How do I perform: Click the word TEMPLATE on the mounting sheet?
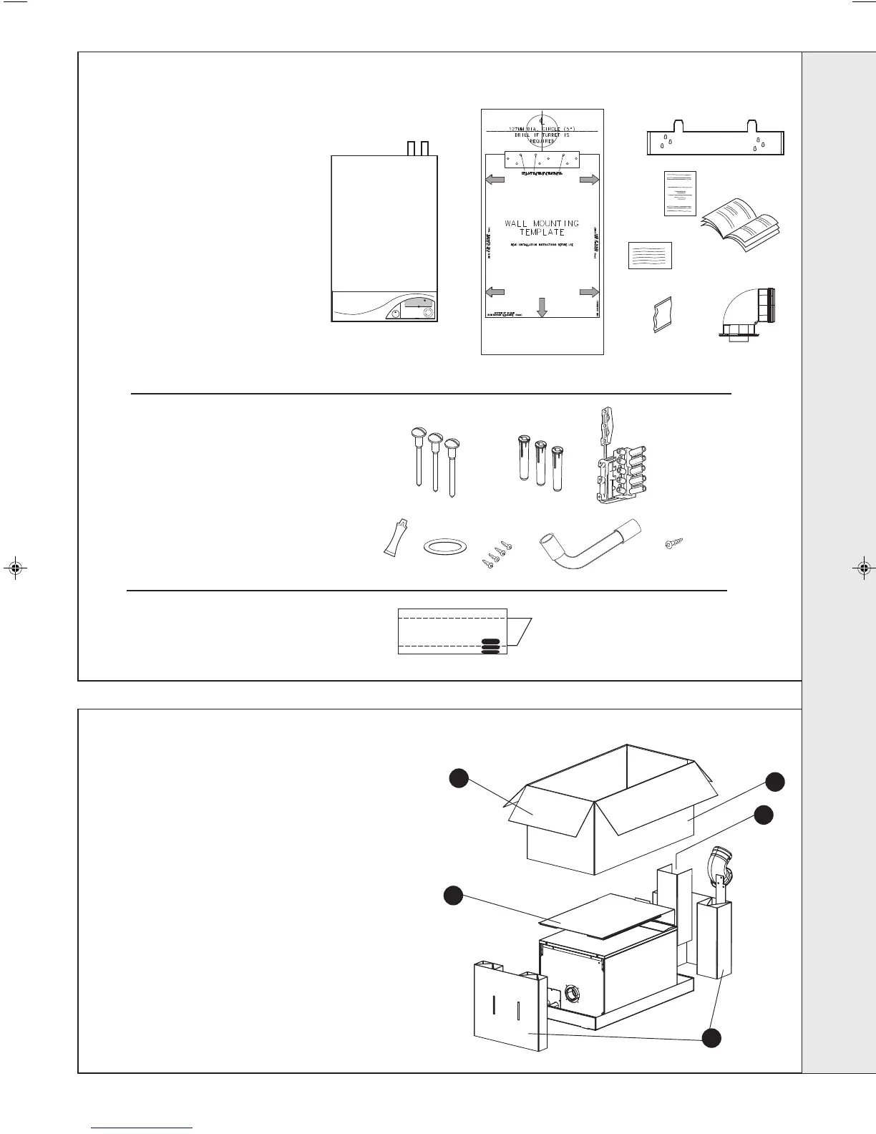pyautogui.click(x=542, y=233)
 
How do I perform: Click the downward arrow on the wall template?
pyautogui.click(x=542, y=306)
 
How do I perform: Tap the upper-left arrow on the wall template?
pyautogui.click(x=495, y=180)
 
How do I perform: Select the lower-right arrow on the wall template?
pyautogui.click(x=589, y=291)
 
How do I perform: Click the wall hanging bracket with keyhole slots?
pyautogui.click(x=716, y=140)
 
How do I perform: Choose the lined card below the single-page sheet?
pyautogui.click(x=650, y=256)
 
